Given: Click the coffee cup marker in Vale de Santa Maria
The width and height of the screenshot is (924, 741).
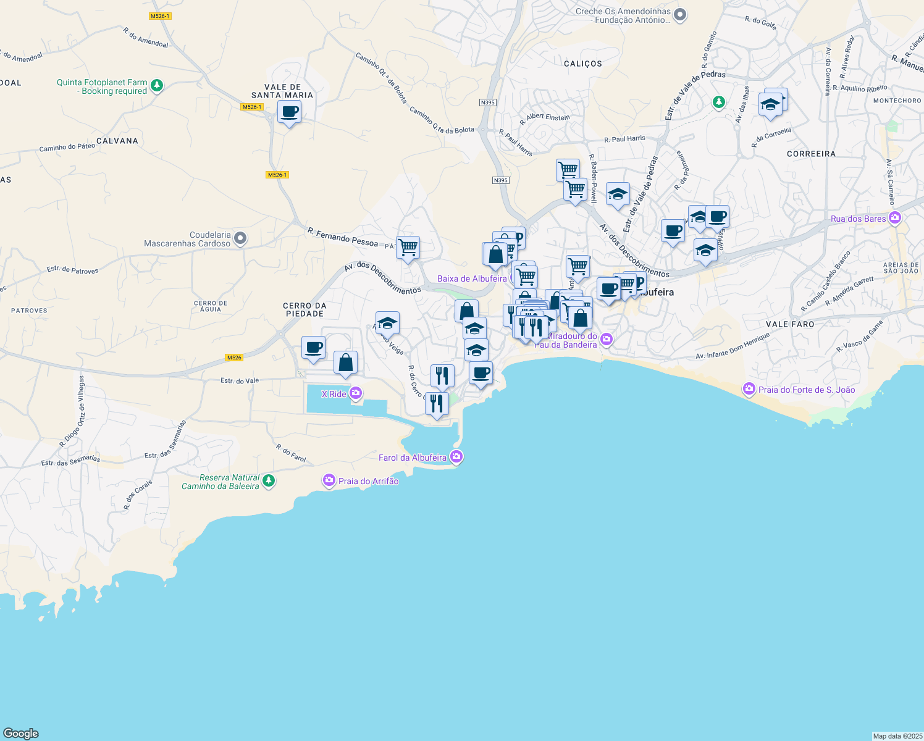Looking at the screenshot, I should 289,113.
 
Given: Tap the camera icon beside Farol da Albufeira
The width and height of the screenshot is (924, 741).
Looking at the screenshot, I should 456,457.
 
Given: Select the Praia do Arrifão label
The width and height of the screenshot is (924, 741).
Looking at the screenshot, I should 368,481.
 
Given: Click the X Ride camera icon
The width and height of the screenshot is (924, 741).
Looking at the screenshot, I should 356,393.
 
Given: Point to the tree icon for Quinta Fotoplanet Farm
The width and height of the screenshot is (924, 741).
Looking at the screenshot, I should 157,86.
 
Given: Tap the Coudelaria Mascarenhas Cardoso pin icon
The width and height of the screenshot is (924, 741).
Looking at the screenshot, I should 241,238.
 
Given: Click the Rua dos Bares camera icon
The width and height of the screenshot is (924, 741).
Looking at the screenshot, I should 895,218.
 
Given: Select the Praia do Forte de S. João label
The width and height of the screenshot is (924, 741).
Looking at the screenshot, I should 806,390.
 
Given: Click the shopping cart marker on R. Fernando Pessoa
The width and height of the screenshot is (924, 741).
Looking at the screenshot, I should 408,248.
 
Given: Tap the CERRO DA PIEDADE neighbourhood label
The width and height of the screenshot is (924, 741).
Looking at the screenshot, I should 304,309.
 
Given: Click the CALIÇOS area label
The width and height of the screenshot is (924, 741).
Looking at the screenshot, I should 582,64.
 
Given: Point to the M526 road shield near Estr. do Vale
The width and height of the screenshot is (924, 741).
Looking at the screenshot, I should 234,358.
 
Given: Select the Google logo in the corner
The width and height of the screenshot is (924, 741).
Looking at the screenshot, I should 21,733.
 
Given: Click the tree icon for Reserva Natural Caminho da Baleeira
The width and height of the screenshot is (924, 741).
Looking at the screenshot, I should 269,480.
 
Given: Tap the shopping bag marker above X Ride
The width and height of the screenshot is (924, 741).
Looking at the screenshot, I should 345,362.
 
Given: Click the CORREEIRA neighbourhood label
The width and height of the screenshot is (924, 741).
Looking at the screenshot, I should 811,154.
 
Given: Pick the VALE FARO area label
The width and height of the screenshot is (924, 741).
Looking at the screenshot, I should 790,324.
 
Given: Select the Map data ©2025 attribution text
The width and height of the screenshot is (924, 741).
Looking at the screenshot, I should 897,736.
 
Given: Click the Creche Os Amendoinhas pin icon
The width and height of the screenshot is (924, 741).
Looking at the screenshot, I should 680,14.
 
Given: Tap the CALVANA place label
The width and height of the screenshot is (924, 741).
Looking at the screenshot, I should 117,141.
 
